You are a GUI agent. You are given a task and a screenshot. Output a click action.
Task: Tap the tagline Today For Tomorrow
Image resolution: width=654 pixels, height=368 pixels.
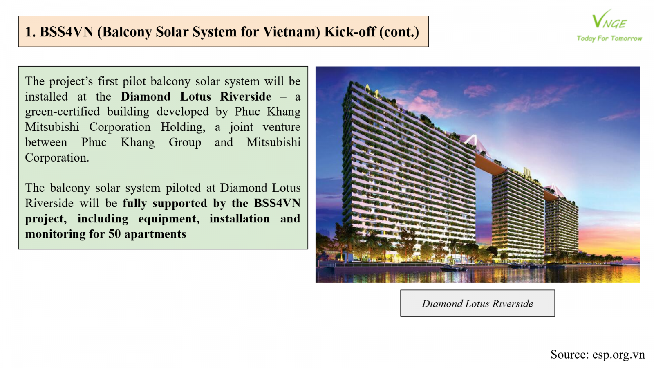pos(609,38)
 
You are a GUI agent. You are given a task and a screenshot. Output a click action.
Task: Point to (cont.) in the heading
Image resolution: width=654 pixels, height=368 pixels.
pos(399,32)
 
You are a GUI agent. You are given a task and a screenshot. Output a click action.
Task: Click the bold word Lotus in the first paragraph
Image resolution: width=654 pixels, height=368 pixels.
pos(195,96)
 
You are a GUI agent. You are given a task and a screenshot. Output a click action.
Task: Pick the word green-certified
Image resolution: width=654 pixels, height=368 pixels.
pos(62,112)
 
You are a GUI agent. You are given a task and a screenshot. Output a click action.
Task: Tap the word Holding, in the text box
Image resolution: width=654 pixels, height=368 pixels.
pos(183,127)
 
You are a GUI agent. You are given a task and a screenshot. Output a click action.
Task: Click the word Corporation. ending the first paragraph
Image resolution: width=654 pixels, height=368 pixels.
pos(57,158)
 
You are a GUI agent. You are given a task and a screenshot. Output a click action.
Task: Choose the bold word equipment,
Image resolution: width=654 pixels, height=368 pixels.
pos(169,219)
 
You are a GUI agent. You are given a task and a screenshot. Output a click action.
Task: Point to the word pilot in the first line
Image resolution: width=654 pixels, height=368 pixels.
pos(134,81)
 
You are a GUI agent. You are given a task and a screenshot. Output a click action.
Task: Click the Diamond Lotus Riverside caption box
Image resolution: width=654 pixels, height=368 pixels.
pos(477,303)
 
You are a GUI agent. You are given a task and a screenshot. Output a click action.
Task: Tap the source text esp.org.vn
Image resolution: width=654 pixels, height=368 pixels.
pos(618,355)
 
